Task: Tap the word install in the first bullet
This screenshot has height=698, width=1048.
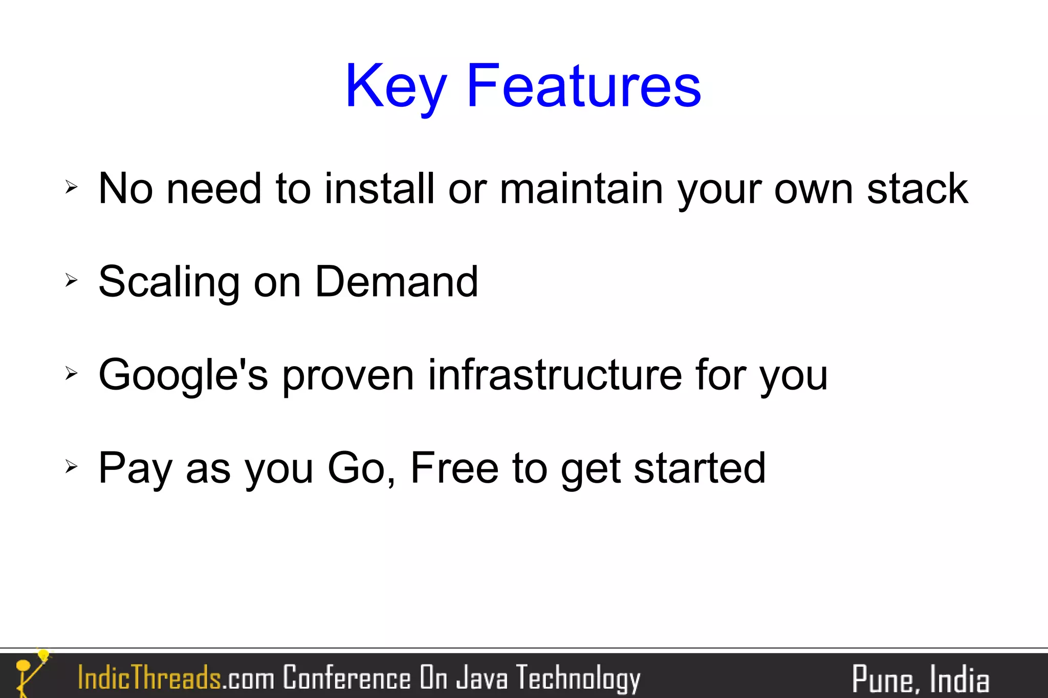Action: pos(379,189)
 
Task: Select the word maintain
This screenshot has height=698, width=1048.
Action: pos(581,189)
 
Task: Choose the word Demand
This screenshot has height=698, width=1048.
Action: pos(397,282)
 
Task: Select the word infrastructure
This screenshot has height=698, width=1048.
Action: pos(555,375)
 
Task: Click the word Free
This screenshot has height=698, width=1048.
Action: pos(454,468)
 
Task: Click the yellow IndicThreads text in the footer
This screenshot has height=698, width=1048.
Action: pos(149,678)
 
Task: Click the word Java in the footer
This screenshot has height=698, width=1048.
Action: pos(482,678)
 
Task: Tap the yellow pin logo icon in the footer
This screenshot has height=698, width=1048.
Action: pos(31,673)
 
